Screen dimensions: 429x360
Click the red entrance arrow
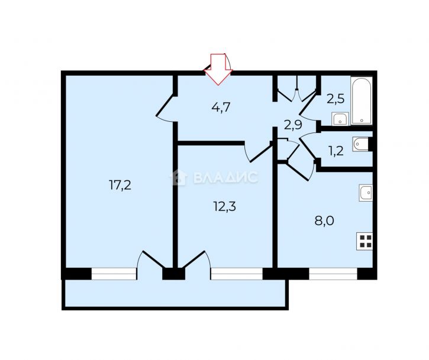[x=218, y=70]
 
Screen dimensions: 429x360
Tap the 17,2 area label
[x=120, y=185]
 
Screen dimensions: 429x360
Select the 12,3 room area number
[x=224, y=206]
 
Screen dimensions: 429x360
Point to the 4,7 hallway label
[x=221, y=107]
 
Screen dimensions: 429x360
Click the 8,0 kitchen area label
[x=324, y=220]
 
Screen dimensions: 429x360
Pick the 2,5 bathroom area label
[x=336, y=99]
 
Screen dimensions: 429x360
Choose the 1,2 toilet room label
[x=336, y=151]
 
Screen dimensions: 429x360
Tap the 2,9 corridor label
[x=293, y=125]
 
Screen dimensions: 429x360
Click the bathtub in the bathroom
[x=362, y=100]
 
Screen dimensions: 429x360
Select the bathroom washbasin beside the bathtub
[x=340, y=119]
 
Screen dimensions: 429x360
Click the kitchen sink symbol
[x=366, y=193]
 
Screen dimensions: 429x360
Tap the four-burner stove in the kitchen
[x=365, y=241]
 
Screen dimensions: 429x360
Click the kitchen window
[x=333, y=274]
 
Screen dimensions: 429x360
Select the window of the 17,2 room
[x=114, y=274]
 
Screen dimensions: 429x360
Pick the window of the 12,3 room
[x=237, y=274]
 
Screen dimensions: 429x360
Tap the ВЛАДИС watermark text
[x=225, y=177]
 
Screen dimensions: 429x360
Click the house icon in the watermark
[x=179, y=177]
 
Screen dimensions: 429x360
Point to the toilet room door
[x=308, y=148]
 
